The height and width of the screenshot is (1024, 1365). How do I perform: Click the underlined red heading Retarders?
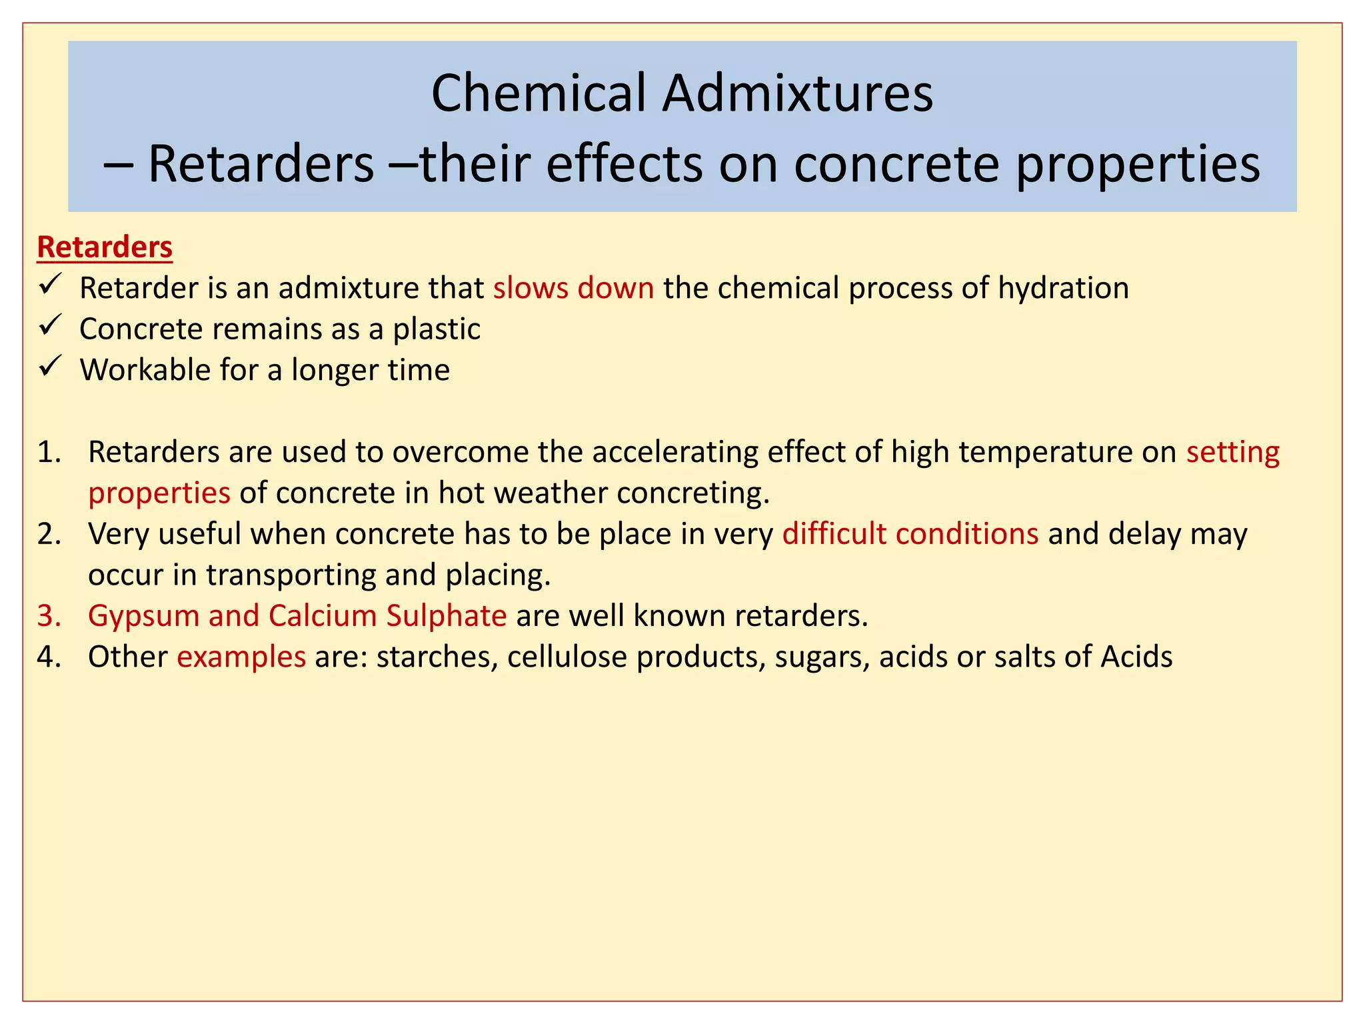(x=105, y=247)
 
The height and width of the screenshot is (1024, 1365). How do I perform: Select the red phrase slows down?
(x=573, y=289)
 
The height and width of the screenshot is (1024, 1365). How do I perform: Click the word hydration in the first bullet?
(x=1063, y=289)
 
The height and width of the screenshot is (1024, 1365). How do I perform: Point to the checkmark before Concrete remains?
(x=50, y=326)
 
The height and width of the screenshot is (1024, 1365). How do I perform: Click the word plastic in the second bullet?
(x=437, y=329)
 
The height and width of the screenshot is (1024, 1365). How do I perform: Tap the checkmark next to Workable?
(x=50, y=367)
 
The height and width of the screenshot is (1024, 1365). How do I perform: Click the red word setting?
(x=1232, y=453)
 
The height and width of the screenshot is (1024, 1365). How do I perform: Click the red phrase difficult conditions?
(x=910, y=534)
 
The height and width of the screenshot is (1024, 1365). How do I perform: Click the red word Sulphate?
(x=446, y=616)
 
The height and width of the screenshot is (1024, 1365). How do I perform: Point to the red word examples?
(x=241, y=657)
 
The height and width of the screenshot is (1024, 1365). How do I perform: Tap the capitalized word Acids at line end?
(x=1136, y=657)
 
